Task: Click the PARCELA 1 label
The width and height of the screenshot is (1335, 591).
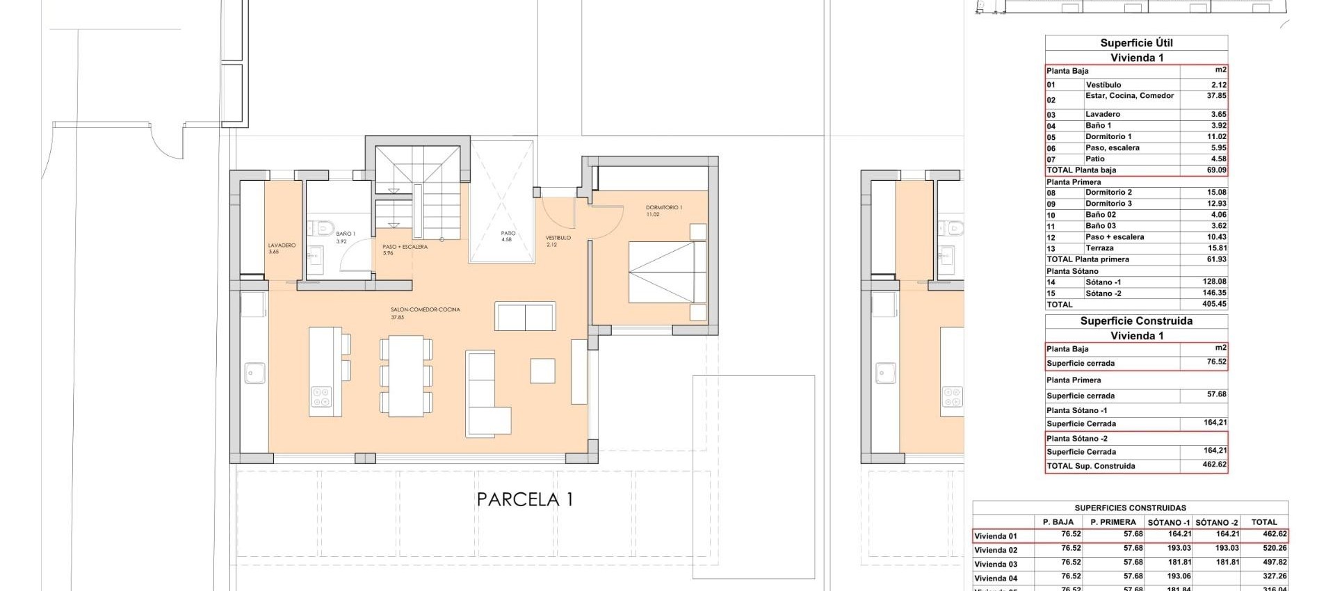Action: coord(524,499)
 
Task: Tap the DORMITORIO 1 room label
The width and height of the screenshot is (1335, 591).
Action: coord(663,208)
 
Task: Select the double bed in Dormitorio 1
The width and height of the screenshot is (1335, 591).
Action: coord(666,272)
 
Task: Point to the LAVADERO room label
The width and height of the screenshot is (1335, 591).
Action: coord(282,246)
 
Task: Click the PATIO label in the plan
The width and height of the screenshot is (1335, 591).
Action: coord(508,234)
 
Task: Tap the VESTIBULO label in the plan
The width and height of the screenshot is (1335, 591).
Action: coord(558,238)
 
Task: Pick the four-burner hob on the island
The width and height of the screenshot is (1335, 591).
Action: coord(322,397)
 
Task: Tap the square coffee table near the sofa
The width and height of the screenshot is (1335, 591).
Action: coord(542,371)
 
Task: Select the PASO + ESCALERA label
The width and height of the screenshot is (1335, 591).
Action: coord(405,247)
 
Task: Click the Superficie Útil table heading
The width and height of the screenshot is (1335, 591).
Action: coord(1136,43)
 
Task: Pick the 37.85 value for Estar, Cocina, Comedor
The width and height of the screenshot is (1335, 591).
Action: coord(1216,96)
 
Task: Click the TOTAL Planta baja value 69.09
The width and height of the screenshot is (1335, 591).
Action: coord(1216,170)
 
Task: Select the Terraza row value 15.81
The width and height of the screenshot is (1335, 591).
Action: coord(1216,248)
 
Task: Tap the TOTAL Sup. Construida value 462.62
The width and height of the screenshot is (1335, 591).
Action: coord(1214,464)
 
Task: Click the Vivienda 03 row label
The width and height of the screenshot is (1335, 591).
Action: coord(996,564)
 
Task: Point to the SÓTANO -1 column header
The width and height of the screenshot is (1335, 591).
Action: coord(1169,522)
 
